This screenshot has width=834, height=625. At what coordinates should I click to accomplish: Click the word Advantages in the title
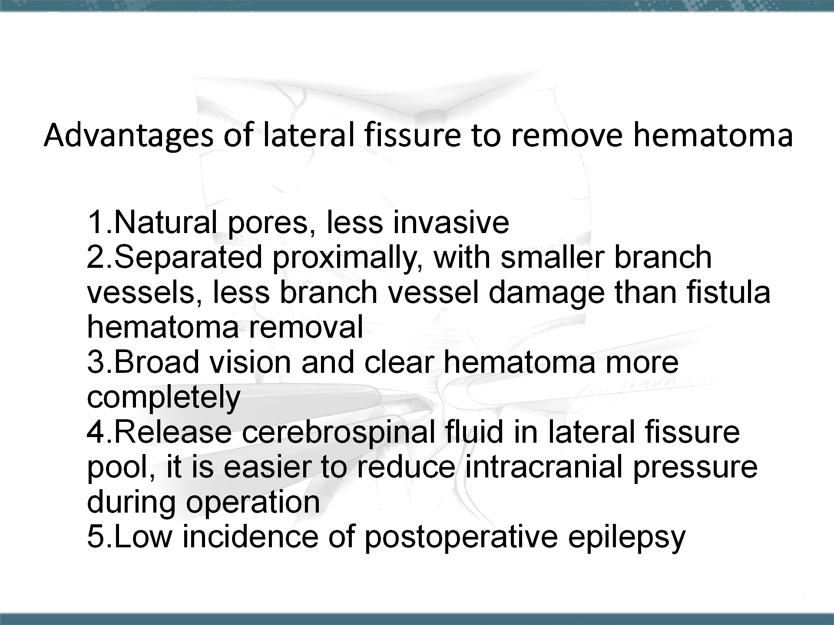pyautogui.click(x=129, y=135)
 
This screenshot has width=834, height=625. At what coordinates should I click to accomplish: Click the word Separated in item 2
pyautogui.click(x=189, y=257)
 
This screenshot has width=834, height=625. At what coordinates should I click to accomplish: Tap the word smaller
pyautogui.click(x=552, y=257)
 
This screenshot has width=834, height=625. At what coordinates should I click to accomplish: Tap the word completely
pyautogui.click(x=164, y=398)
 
